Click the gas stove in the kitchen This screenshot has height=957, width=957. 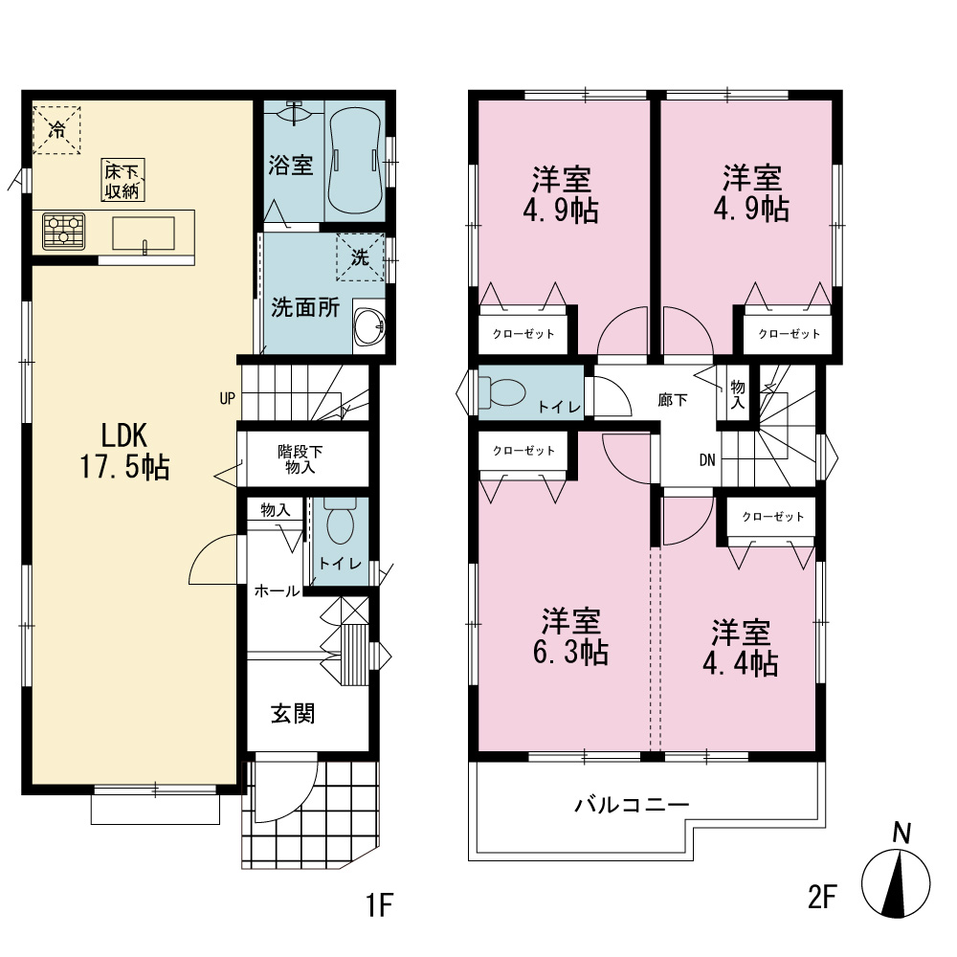63,231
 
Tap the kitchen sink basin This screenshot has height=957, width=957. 144,234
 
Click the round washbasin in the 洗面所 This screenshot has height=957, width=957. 369,325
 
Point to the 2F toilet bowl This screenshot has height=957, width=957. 502,391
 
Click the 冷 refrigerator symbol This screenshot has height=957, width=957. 56,130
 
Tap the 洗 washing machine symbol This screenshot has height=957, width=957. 360,257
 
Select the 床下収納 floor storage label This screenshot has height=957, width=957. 122,181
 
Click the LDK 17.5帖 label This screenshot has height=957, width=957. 124,452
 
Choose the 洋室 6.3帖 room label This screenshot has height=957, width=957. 570,636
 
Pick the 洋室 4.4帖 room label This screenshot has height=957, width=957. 741,648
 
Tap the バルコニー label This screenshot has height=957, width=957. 633,805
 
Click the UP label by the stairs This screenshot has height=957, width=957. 227,398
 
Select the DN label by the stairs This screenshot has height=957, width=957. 707,459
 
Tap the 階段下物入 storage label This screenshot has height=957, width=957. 300,459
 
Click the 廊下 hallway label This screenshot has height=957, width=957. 673,400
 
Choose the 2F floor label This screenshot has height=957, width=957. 821,897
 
